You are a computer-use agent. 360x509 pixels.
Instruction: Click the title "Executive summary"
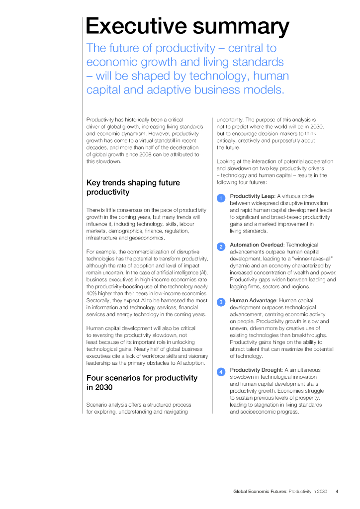click(187, 26)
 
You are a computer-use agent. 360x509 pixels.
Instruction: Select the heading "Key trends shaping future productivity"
click(133, 187)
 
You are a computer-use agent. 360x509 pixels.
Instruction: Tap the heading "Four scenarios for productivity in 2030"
click(142, 382)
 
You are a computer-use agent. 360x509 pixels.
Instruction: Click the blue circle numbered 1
click(221, 198)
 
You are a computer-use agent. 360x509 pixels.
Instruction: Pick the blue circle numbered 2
click(221, 247)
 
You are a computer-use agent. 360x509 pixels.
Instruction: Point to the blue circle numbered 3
click(221, 302)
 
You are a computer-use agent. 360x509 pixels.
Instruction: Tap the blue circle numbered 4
click(221, 372)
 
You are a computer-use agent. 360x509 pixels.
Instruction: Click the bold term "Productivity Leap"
click(252, 196)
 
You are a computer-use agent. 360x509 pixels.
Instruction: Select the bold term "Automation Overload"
click(256, 245)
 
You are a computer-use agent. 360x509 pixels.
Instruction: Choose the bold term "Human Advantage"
click(253, 300)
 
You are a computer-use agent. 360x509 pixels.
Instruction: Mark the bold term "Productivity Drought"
click(256, 370)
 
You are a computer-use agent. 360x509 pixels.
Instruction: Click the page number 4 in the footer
click(337, 492)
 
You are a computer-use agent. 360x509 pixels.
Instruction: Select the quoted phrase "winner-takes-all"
click(312, 258)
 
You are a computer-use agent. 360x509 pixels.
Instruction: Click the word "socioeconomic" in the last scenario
click(247, 412)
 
